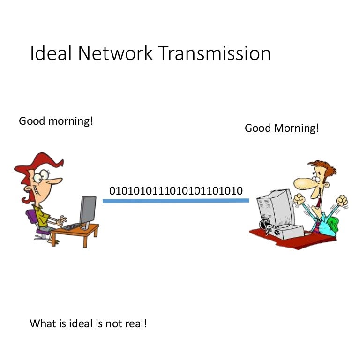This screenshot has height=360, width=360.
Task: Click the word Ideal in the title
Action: [x=51, y=53]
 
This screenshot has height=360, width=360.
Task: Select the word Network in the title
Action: [x=115, y=53]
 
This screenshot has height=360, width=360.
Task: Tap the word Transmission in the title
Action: [x=214, y=53]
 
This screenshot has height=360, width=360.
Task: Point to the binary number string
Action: [x=176, y=191]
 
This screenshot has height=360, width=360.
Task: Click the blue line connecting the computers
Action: [x=176, y=201]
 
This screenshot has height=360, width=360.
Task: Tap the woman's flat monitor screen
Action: [x=88, y=210]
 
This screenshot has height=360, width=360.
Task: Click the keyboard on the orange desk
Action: [x=72, y=226]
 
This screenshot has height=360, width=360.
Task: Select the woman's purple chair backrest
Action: [x=32, y=216]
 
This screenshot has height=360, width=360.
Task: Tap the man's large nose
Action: [x=303, y=183]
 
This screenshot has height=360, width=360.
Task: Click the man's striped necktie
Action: [x=317, y=226]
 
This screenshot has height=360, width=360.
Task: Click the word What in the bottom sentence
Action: [x=43, y=323]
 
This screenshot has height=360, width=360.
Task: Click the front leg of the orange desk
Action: [x=85, y=240]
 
